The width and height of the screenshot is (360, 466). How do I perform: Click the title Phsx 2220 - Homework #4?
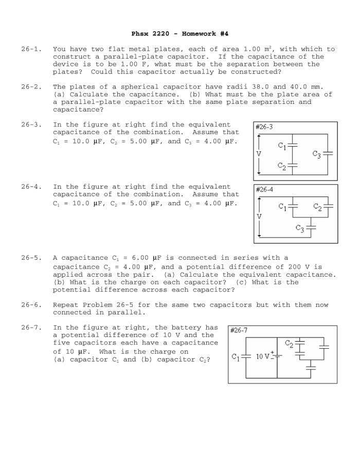179,33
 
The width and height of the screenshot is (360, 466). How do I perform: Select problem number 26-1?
31,49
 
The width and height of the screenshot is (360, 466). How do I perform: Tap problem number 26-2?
31,87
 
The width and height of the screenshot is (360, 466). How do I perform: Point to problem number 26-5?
31,258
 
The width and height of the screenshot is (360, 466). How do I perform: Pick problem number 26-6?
31,305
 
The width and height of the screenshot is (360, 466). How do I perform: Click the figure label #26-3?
264,127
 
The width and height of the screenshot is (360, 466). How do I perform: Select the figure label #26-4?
264,189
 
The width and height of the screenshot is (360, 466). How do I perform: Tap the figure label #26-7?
238,330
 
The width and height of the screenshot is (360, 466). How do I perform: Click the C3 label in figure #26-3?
317,154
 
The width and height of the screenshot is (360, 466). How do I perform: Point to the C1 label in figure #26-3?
282,146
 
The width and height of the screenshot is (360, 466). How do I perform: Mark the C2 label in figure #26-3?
282,166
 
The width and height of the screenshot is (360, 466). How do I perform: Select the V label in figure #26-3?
259,154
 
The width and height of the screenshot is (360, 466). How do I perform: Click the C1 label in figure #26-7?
236,356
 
